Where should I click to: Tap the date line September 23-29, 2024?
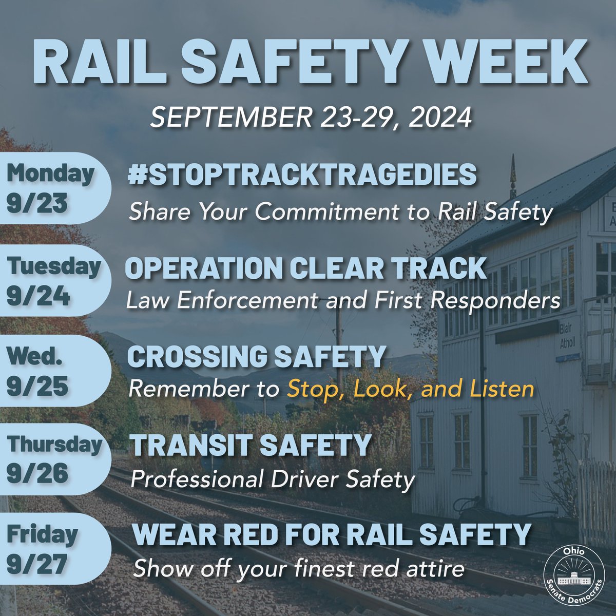[311, 118]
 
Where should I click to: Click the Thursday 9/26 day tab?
[51, 458]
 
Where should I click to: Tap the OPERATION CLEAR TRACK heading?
[306, 268]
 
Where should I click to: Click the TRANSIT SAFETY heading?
[251, 445]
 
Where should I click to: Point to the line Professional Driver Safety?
[273, 480]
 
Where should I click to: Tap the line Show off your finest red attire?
[299, 569]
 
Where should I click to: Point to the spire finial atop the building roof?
[512, 177]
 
